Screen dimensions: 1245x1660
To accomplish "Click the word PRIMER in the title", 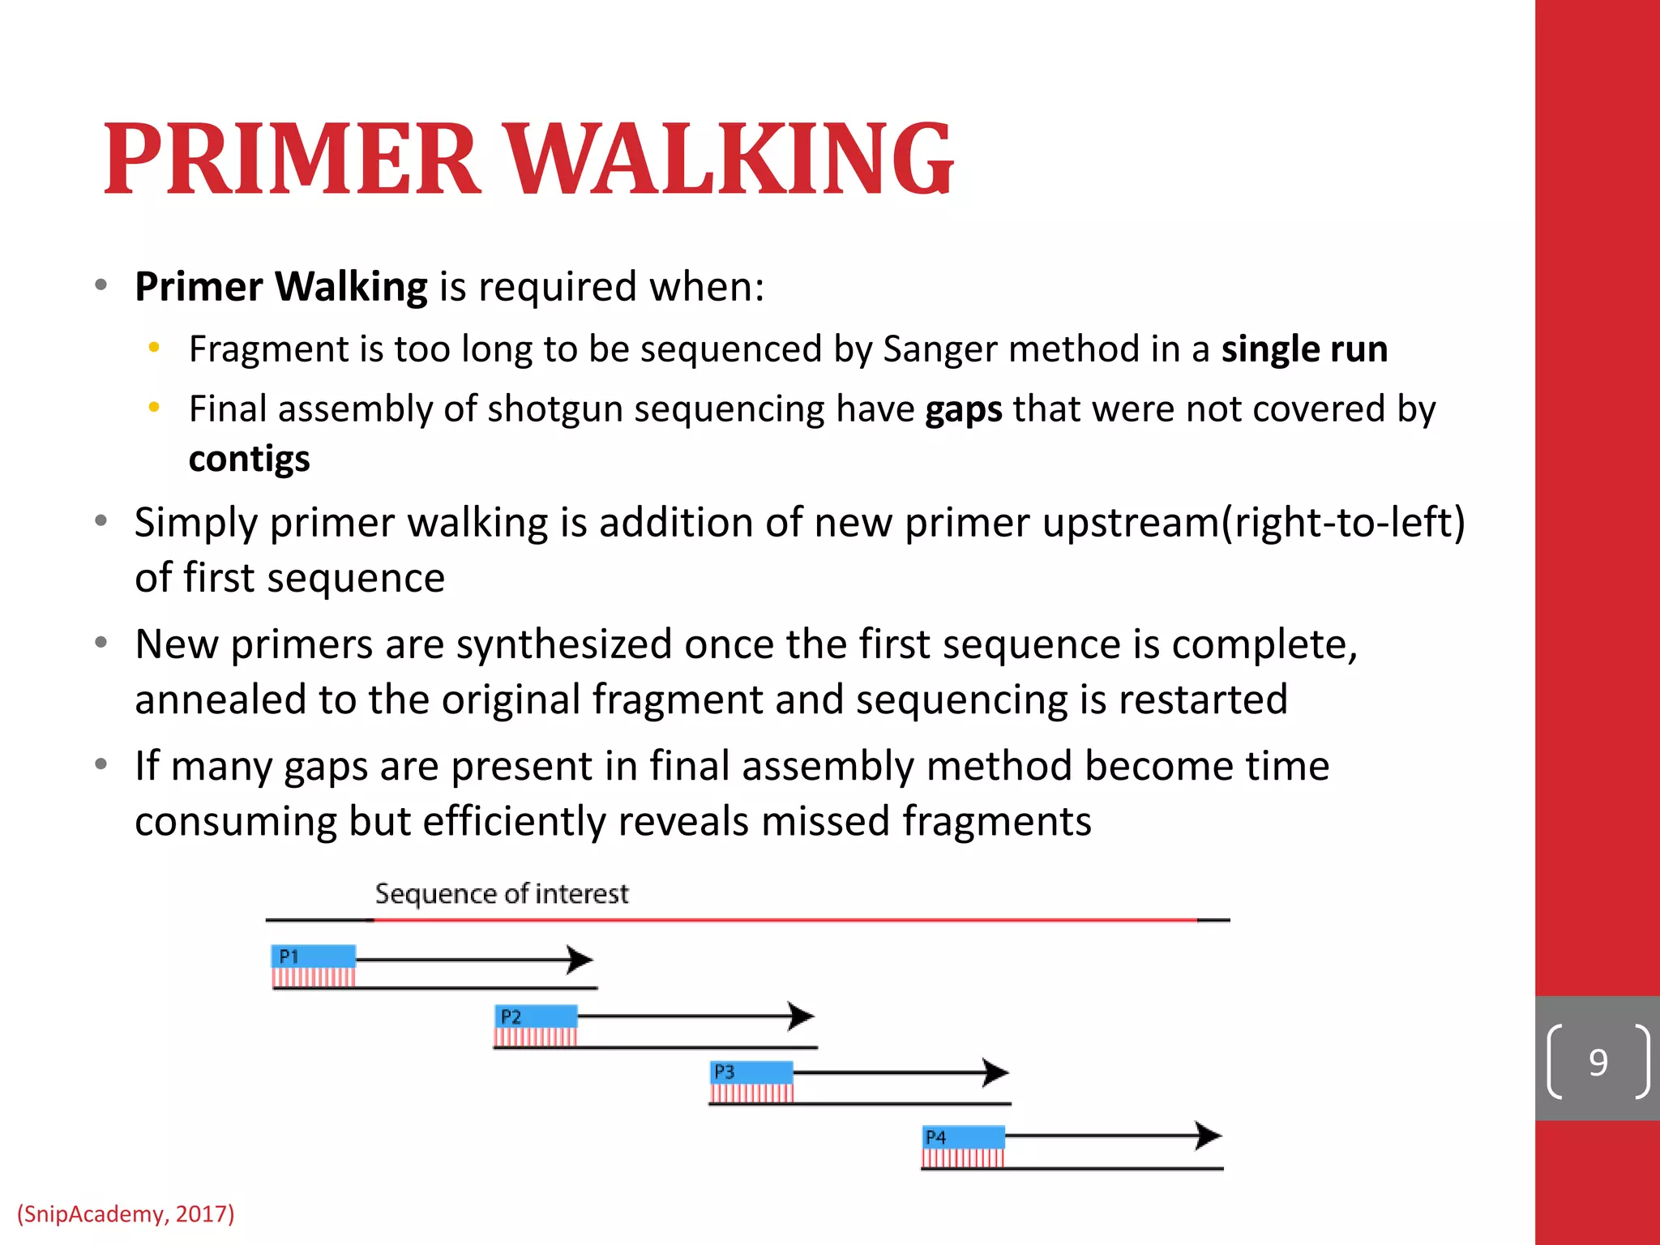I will click(x=292, y=160).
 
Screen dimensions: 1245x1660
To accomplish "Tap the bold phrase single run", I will click(x=1304, y=349).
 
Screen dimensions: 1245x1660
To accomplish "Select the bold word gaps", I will click(x=964, y=409).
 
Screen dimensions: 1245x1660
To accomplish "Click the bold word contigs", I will click(x=249, y=459).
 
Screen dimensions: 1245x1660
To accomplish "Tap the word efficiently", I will click(x=515, y=821).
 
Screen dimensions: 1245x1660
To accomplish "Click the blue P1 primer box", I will click(x=314, y=956).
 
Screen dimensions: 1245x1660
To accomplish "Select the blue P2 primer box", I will click(x=536, y=1016).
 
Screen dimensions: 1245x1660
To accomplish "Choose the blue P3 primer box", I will click(x=751, y=1072).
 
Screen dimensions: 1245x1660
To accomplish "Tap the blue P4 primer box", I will click(x=964, y=1136).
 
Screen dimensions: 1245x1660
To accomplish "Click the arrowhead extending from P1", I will click(x=580, y=960).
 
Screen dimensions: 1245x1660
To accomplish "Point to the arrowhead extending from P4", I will click(x=1209, y=1136).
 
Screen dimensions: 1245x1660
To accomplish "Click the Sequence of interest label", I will click(x=501, y=894).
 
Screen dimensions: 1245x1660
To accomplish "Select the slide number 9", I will click(x=1598, y=1063).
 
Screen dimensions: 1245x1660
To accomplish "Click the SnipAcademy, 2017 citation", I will click(x=126, y=1213).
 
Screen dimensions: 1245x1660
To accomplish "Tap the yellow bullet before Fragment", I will click(x=154, y=348).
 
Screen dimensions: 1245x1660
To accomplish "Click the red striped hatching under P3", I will click(x=751, y=1093).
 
